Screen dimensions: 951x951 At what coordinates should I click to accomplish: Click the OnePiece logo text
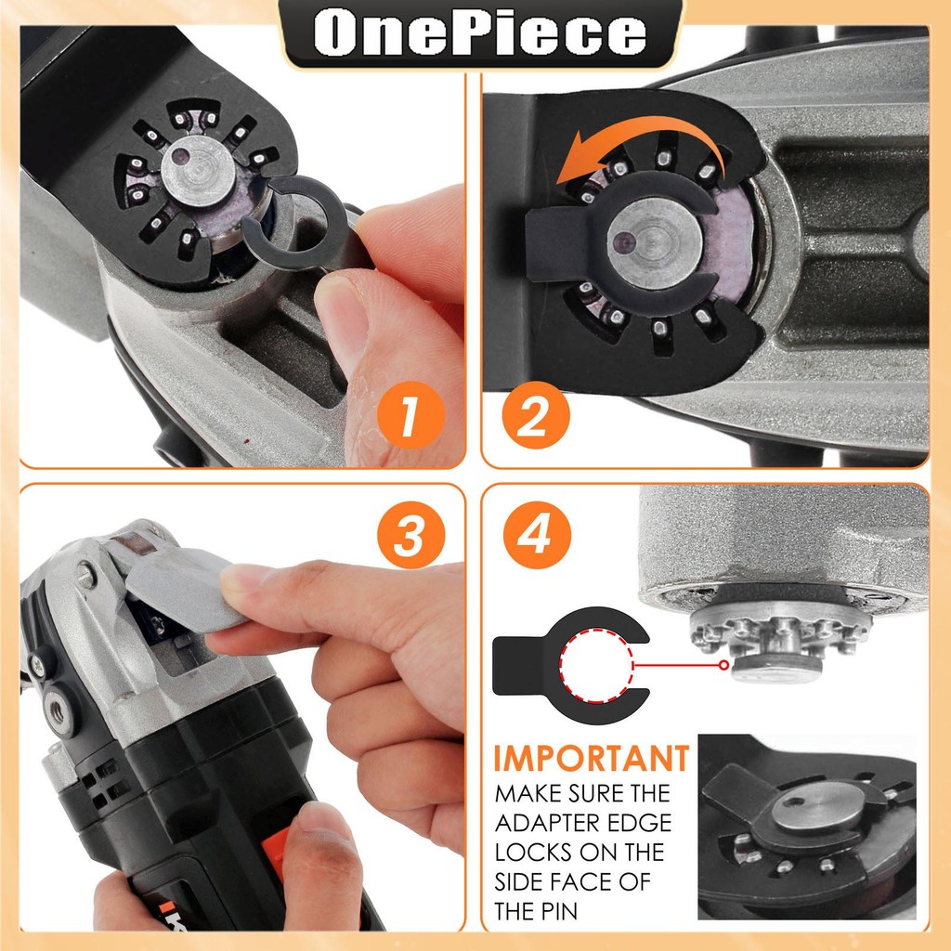coord(480,33)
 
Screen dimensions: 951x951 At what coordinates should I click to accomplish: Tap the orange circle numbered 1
coord(410,415)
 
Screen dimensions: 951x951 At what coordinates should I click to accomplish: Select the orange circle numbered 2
coord(536,415)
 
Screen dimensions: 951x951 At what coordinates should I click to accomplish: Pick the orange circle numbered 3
coord(410,535)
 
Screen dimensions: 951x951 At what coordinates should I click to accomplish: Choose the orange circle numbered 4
coord(537,535)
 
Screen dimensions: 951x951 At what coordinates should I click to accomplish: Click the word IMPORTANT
coord(592,758)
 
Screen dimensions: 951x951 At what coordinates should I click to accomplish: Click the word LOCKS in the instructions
coord(532,853)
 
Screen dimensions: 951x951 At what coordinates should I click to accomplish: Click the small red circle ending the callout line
coord(723,665)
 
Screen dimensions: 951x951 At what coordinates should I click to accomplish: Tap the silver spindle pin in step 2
coord(655,242)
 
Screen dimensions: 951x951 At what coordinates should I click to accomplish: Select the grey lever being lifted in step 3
coord(182,588)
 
